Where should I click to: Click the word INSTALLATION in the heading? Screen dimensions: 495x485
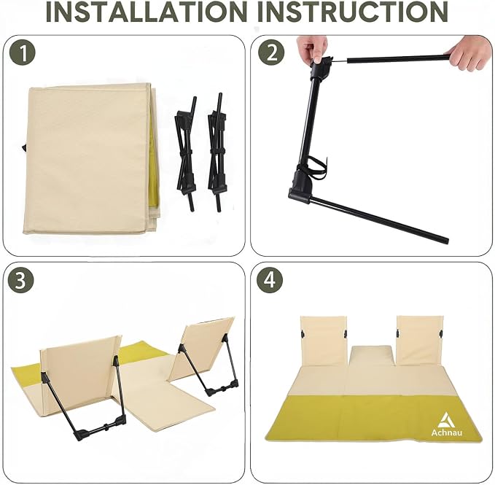pos(147,12)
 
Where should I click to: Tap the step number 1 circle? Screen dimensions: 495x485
pos(22,53)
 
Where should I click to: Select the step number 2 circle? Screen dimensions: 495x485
pos(271,53)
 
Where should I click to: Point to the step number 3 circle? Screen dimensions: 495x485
pos(21,280)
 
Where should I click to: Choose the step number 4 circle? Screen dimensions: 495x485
pos(270,280)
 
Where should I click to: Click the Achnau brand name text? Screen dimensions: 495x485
pos(446,432)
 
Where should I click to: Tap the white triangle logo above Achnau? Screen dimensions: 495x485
pos(446,419)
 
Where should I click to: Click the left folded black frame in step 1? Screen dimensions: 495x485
pos(186,153)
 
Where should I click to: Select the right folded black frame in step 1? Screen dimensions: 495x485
pos(217,152)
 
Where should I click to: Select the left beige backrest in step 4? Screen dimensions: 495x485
pos(324,341)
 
